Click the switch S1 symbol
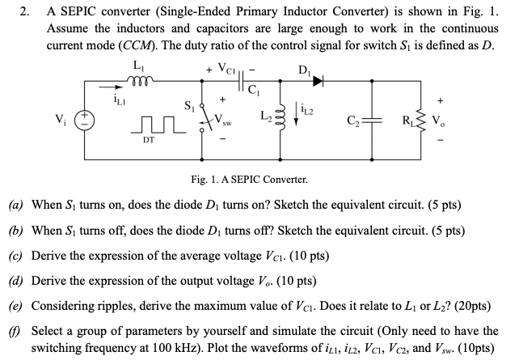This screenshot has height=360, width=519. (204, 121)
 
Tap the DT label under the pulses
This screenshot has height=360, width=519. (149, 139)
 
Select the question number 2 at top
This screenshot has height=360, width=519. (23, 12)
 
